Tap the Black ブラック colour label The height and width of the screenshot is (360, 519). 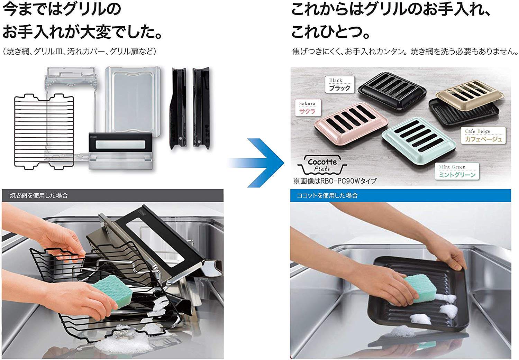coord(339,84)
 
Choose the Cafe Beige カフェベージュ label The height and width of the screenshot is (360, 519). coord(483,136)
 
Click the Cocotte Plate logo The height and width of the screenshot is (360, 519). coord(322,165)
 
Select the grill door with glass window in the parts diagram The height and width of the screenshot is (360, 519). coord(120,150)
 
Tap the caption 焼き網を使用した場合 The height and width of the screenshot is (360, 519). coord(38,196)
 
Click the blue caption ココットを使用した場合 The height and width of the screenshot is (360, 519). coord(327,196)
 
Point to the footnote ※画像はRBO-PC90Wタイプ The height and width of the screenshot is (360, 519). coord(335,181)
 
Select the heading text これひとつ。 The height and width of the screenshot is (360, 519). coord(330,32)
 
